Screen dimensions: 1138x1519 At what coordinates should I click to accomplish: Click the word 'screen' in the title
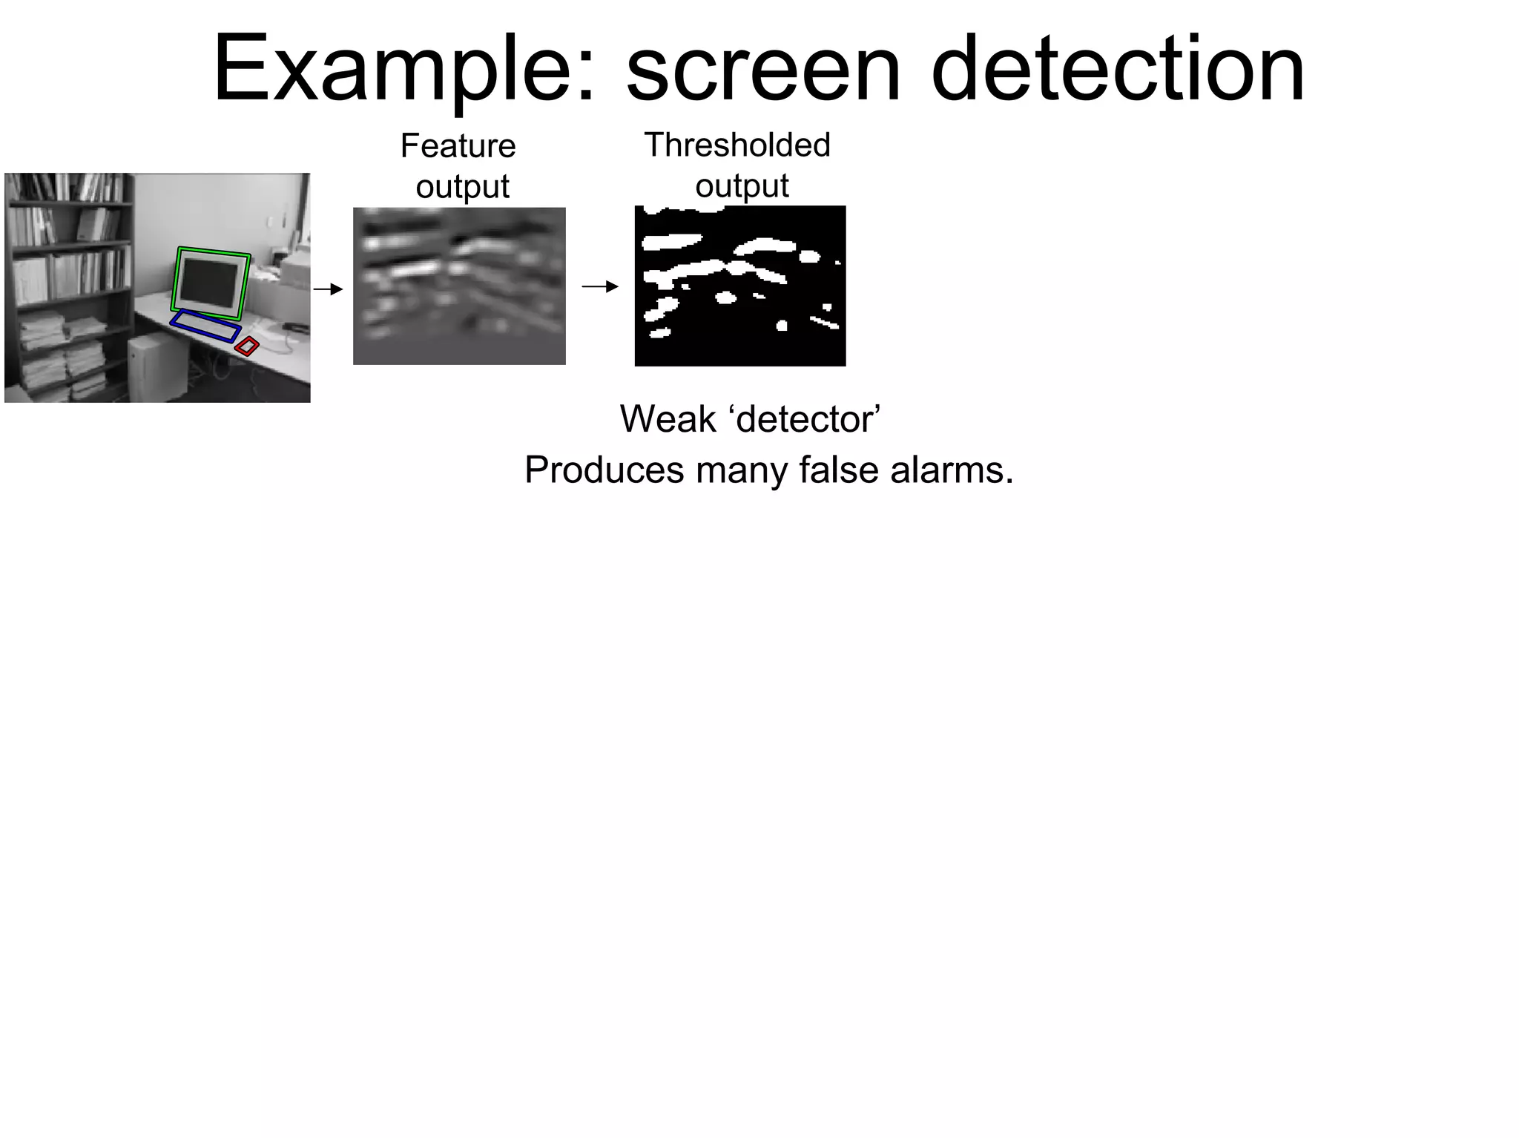click(x=764, y=70)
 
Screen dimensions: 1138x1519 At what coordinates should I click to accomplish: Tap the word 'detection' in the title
click(x=1117, y=70)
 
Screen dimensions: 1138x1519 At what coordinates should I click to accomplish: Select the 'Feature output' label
click(x=459, y=165)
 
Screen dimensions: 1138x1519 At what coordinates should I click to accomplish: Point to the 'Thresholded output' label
click(x=738, y=165)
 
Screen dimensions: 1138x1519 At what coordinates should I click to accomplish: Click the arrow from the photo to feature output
click(x=328, y=289)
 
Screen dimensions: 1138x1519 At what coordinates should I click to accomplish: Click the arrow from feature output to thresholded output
click(x=600, y=286)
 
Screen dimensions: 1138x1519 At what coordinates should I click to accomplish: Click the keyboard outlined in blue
click(x=205, y=326)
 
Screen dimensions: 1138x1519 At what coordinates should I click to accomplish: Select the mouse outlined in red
click(x=247, y=346)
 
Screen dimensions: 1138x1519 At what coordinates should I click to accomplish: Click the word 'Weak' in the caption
click(x=668, y=419)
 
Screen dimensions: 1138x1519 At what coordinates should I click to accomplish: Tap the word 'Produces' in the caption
click(x=604, y=470)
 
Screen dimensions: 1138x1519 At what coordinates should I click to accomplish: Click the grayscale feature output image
click(x=459, y=286)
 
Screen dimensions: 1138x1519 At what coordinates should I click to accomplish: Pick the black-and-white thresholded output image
click(x=740, y=286)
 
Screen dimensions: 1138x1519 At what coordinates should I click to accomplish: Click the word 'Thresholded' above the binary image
click(x=738, y=145)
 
